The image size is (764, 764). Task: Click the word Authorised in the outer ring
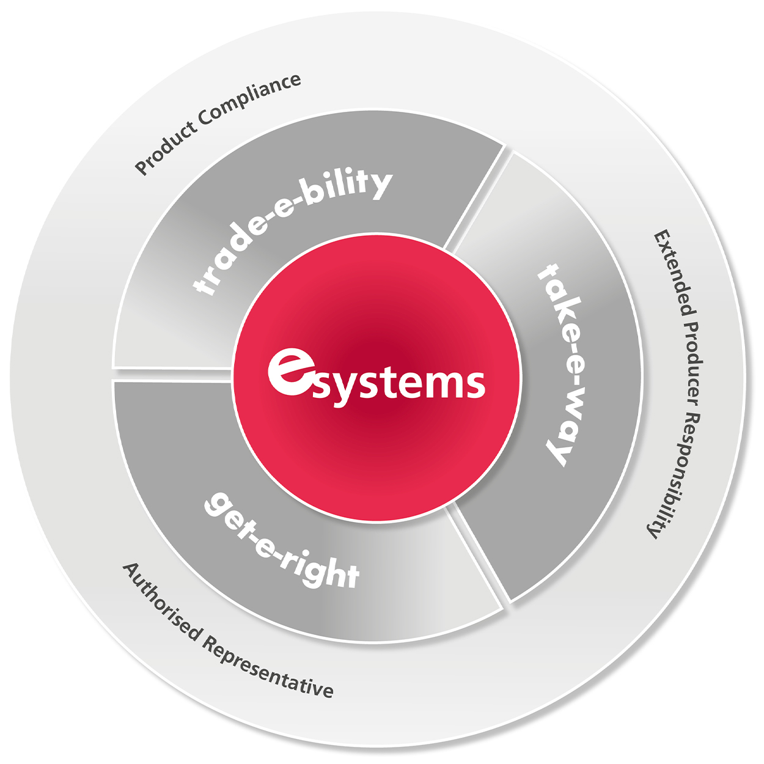[161, 601]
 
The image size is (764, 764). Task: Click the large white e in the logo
[288, 372]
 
